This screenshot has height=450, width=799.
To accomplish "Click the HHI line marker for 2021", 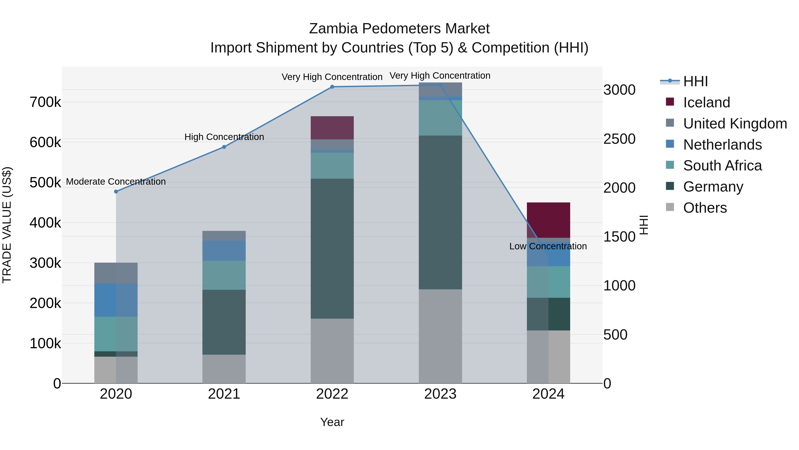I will (224, 147).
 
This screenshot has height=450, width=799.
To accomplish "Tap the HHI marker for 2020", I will (116, 192).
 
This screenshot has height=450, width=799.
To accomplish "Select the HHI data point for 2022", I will (332, 87).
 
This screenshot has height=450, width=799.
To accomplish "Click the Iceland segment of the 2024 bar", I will (548, 220).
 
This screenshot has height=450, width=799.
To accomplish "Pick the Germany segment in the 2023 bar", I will (440, 212).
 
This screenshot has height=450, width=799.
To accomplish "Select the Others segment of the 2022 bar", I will (332, 351).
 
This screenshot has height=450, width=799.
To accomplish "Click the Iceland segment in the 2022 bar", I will (332, 128).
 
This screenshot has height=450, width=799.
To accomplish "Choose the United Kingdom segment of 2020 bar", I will (116, 273).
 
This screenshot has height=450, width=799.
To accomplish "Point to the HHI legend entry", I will (695, 81).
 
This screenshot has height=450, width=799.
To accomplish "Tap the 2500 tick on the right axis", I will (619, 139).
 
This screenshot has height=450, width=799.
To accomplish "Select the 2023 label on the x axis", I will (440, 394).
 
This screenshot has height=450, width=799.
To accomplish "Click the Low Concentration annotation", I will (548, 246).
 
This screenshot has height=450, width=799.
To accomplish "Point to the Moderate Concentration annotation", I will (116, 182).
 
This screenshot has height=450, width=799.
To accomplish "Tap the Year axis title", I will (332, 422).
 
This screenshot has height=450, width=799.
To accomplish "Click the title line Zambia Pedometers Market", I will (399, 29).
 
